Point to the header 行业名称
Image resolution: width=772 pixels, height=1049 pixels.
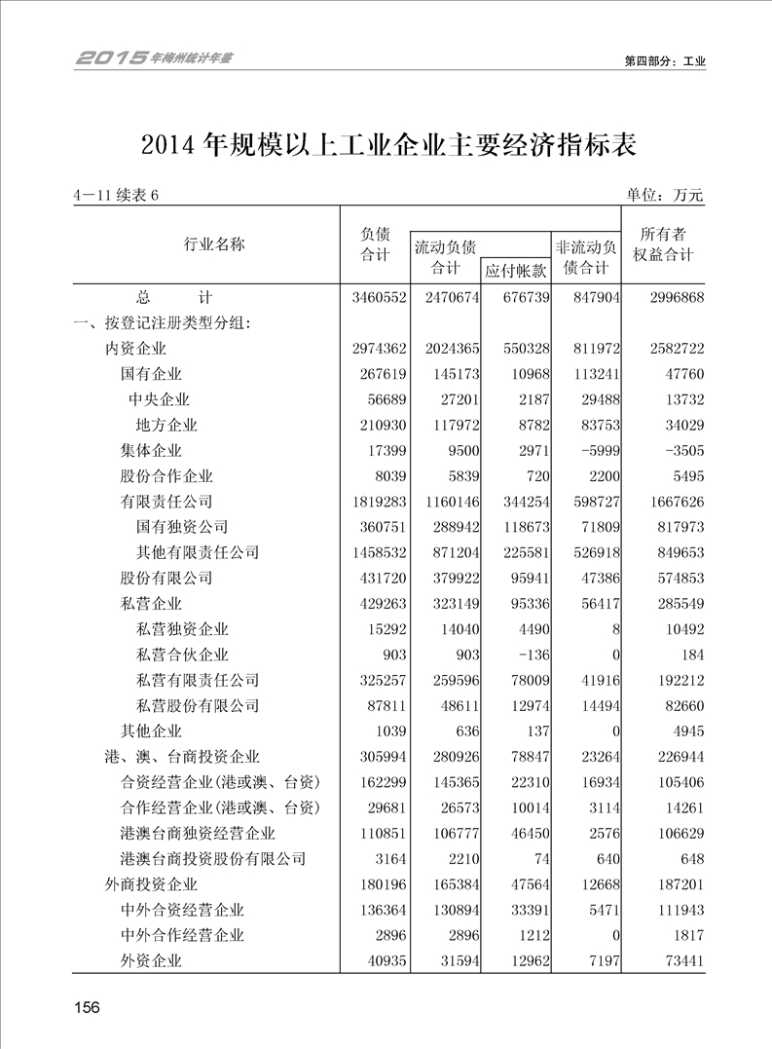215,244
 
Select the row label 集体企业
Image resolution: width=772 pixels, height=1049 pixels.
151,451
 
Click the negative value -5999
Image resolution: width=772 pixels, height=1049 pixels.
596,451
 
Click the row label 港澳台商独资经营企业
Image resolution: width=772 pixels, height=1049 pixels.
198,834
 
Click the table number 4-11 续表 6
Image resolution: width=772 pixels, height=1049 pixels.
115,195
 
